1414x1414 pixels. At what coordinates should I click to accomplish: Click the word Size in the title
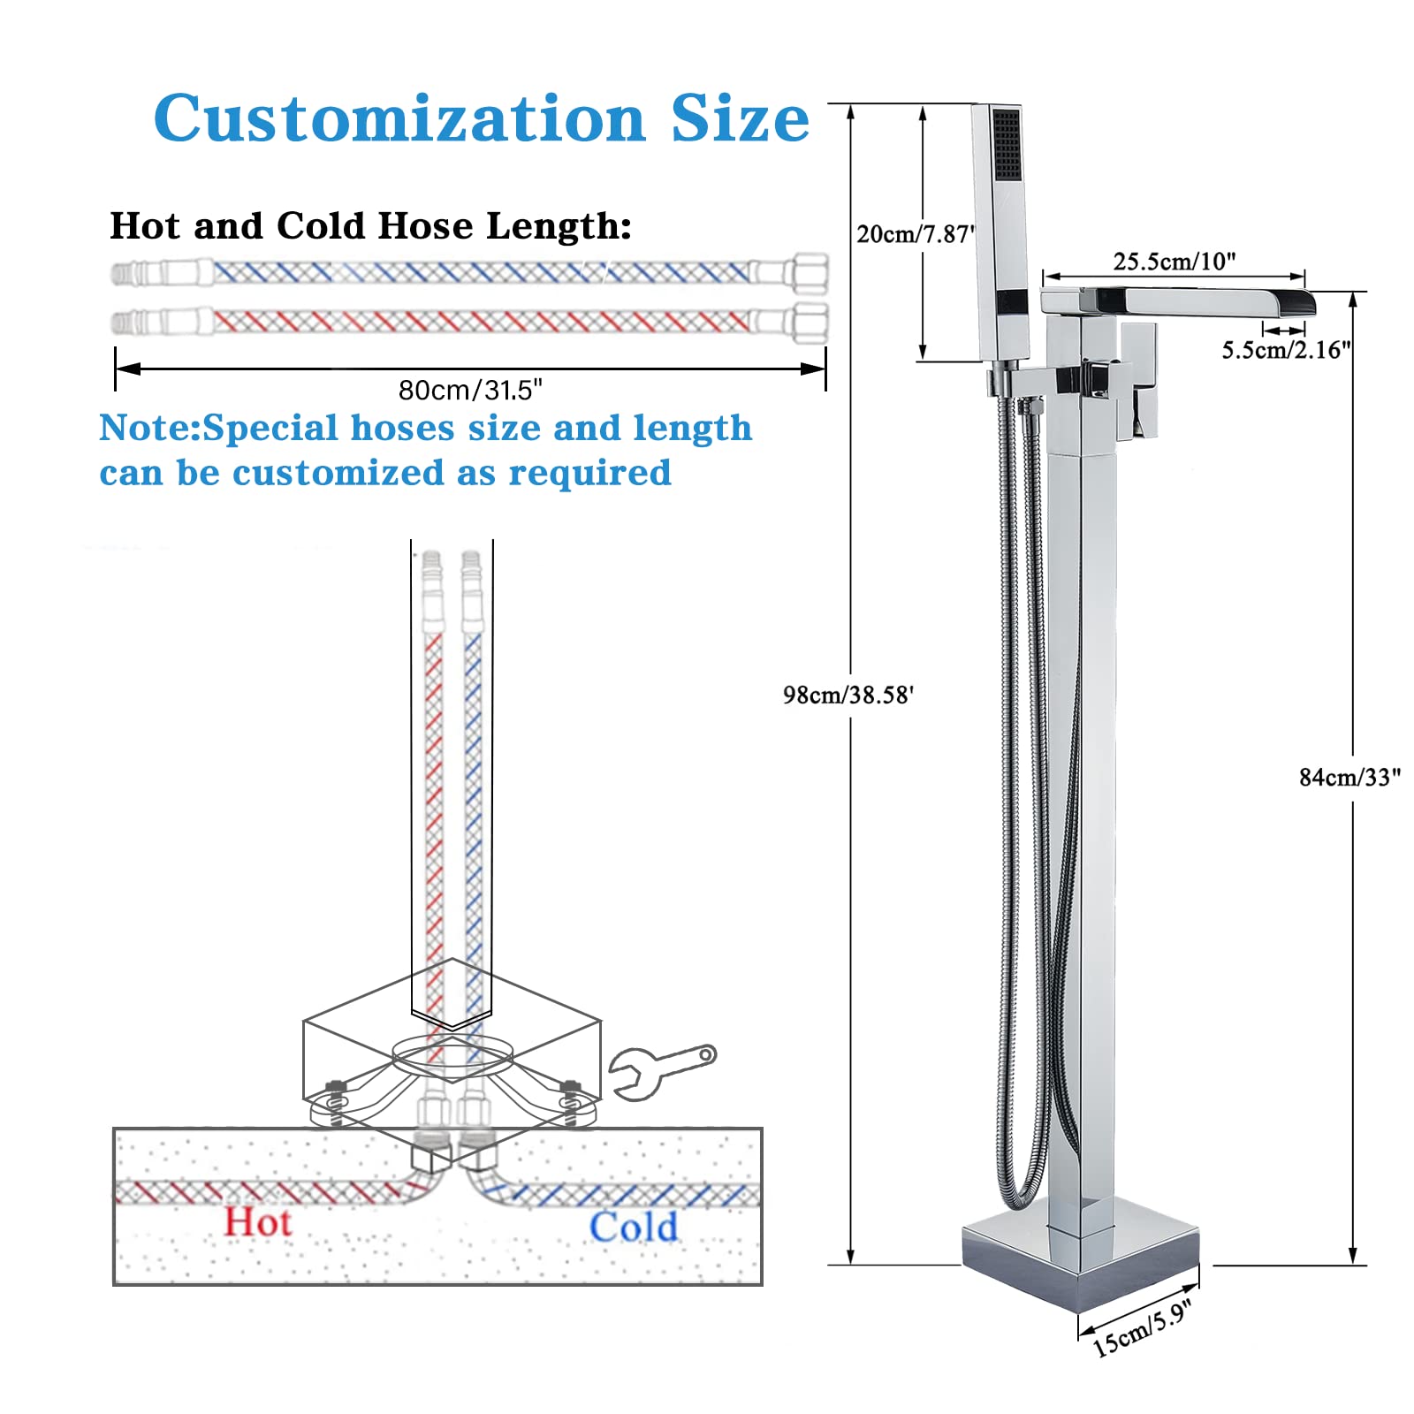[x=740, y=119]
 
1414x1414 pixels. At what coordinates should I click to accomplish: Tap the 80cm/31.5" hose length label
[x=470, y=390]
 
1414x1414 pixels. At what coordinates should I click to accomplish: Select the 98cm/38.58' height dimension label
[x=848, y=696]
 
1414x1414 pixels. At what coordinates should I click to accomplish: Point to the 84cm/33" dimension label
[x=1349, y=778]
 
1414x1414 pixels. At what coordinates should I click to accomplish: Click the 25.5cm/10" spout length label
[x=1174, y=262]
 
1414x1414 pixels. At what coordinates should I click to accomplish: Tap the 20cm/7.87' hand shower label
[x=915, y=234]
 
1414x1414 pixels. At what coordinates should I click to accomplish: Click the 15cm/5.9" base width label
[x=1142, y=1328]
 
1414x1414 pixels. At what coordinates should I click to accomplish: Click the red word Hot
[x=257, y=1222]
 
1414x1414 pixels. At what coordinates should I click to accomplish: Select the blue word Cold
[x=633, y=1227]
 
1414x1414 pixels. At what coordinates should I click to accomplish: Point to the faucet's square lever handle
[x=1139, y=380]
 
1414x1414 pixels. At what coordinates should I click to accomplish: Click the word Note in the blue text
[x=149, y=429]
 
